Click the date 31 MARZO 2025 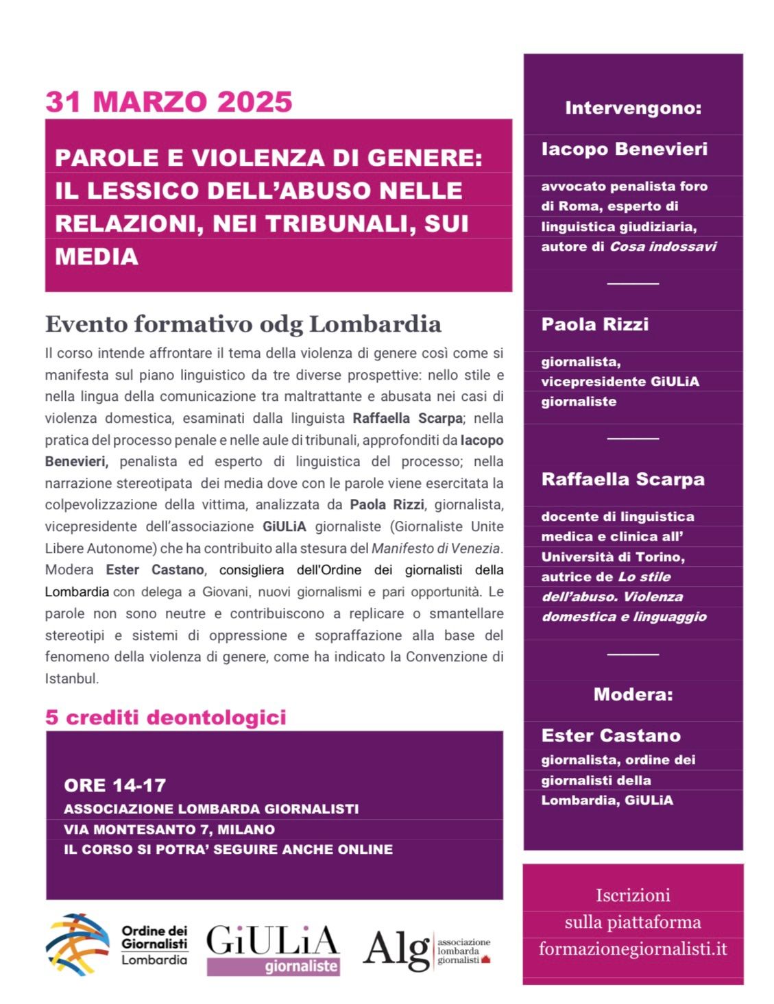coord(169,102)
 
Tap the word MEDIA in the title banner coord(97,256)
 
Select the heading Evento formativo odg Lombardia coord(243,323)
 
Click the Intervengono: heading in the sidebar coord(633,108)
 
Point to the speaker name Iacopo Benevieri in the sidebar coord(624,149)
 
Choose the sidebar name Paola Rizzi coord(594,324)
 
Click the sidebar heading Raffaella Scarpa coord(622,479)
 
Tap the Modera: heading coord(633,694)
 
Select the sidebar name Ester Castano coord(611,735)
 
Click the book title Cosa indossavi coord(663,247)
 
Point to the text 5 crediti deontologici coord(165,718)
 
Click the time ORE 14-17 coord(115,785)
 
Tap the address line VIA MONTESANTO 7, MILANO coord(169,829)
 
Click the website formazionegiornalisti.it coord(632,949)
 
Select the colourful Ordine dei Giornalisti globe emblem coord(77,945)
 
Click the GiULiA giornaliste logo coord(273,948)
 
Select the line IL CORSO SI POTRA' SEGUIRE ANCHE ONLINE coord(228,850)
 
